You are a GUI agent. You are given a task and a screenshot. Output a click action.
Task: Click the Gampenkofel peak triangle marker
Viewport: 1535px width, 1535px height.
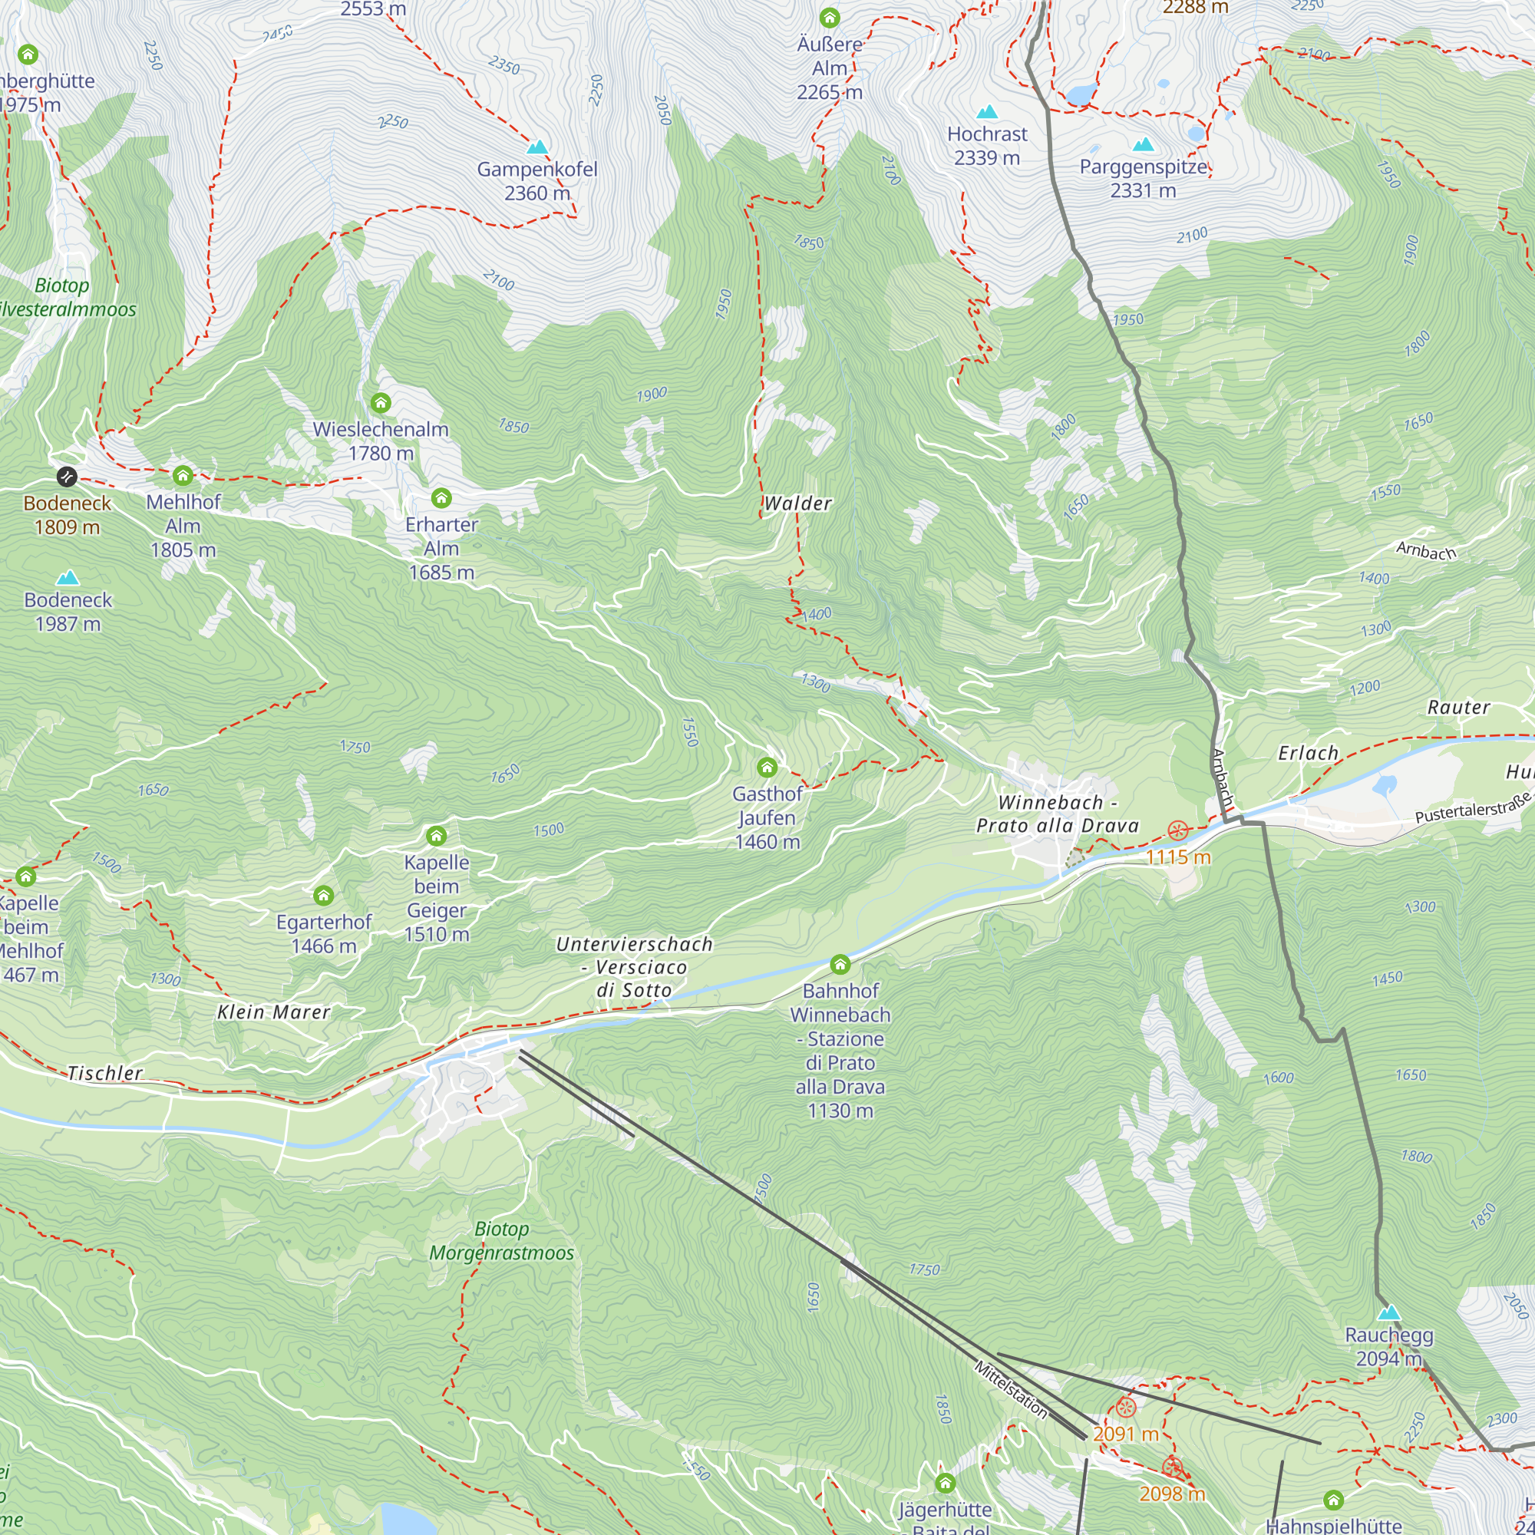(538, 147)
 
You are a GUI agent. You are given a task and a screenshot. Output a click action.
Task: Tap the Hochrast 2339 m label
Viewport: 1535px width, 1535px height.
(987, 146)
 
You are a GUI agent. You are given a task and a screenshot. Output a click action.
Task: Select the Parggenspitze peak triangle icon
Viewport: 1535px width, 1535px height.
(1144, 144)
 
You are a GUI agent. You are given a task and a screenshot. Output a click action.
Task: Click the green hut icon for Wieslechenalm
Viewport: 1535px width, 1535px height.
(381, 403)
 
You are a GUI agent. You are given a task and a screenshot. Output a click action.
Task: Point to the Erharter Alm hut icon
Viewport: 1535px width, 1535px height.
(441, 498)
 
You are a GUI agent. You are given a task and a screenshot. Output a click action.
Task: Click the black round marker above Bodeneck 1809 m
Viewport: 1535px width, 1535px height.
(67, 477)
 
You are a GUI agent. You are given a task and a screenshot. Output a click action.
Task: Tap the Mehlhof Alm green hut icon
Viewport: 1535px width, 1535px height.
(183, 476)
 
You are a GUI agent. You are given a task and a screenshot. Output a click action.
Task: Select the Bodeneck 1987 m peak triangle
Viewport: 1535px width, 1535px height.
(68, 578)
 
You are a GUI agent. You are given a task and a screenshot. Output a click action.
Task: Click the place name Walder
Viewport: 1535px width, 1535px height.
(797, 503)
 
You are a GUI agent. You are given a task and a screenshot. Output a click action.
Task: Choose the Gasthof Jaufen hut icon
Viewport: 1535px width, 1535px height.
(767, 767)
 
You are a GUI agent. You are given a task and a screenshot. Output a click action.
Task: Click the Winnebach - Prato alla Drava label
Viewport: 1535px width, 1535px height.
(1058, 814)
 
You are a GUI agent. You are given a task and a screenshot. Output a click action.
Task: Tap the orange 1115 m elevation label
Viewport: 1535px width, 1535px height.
(1178, 857)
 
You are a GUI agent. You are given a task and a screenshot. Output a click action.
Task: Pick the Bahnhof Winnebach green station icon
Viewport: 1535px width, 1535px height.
(840, 965)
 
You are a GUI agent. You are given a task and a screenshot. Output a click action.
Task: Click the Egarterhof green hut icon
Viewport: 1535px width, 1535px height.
(323, 896)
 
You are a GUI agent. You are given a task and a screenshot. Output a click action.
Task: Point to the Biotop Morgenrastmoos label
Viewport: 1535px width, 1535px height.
(501, 1241)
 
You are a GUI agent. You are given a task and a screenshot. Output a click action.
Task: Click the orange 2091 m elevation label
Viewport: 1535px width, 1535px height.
(1125, 1434)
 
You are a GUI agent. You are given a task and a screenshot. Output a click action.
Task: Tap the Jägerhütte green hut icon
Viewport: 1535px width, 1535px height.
(945, 1484)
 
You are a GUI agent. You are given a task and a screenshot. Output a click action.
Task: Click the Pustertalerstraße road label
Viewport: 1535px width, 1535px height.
(1472, 808)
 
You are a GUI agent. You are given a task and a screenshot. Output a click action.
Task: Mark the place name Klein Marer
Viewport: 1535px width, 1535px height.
(273, 1012)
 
